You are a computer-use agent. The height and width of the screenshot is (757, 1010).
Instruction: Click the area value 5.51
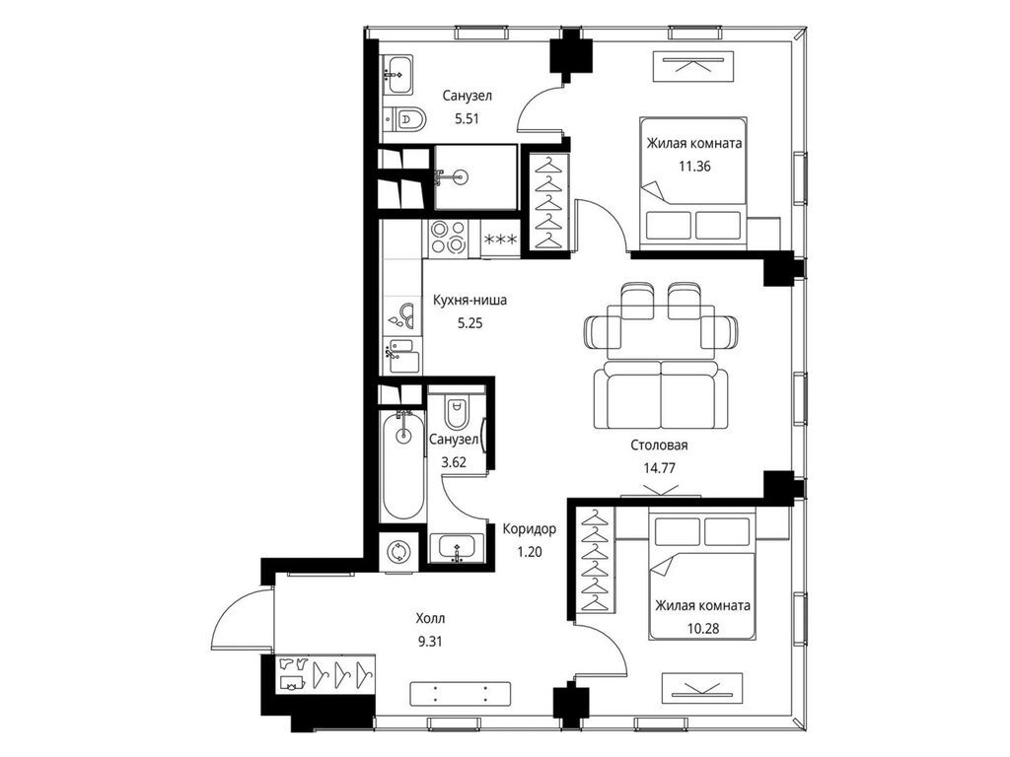(467, 119)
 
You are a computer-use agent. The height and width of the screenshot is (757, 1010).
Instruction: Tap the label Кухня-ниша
(469, 300)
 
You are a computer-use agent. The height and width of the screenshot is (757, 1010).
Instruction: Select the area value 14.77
(659, 468)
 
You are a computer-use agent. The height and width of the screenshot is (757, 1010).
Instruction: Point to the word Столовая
(659, 445)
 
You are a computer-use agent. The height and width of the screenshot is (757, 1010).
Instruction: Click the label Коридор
(529, 529)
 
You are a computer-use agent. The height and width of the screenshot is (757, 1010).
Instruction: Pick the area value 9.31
(430, 641)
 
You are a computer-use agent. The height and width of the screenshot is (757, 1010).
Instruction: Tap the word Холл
(430, 619)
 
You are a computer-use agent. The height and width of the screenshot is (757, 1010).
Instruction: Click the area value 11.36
(694, 166)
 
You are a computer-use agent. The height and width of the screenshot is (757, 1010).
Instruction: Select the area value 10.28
(702, 628)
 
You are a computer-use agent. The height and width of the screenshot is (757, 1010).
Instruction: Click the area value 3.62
(454, 462)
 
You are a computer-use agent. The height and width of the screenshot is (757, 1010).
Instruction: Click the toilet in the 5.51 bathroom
(407, 119)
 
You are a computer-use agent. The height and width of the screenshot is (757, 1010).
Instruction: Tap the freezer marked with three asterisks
(500, 240)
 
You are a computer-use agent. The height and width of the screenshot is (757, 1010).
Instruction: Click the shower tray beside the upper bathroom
(475, 176)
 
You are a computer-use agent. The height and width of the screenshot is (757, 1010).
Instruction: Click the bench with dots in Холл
(460, 693)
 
